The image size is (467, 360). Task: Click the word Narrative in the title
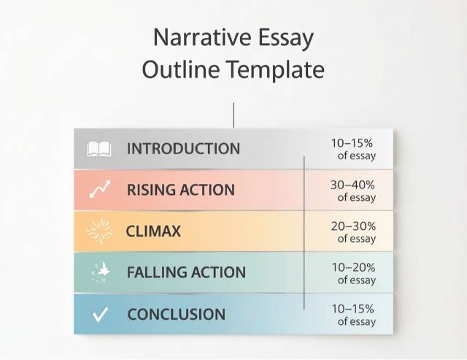point(202,37)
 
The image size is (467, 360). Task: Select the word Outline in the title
point(180,69)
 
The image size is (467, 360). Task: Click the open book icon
point(99,149)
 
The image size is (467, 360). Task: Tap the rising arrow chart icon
point(99,189)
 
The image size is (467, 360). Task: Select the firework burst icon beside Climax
point(100,231)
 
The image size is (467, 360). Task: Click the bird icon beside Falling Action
point(101,272)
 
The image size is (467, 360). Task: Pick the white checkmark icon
point(100,315)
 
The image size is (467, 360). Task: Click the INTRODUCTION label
point(183,148)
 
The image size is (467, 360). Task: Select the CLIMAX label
point(153,231)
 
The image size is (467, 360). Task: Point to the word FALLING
point(157,272)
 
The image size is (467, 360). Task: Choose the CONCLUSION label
point(177,315)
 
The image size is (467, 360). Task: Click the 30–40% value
point(352,185)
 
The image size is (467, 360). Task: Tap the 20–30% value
point(353,226)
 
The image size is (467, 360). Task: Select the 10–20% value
point(353,267)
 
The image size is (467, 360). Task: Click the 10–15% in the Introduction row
point(352,143)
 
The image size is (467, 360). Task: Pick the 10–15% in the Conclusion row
point(353,309)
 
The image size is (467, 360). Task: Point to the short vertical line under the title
point(233,115)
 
